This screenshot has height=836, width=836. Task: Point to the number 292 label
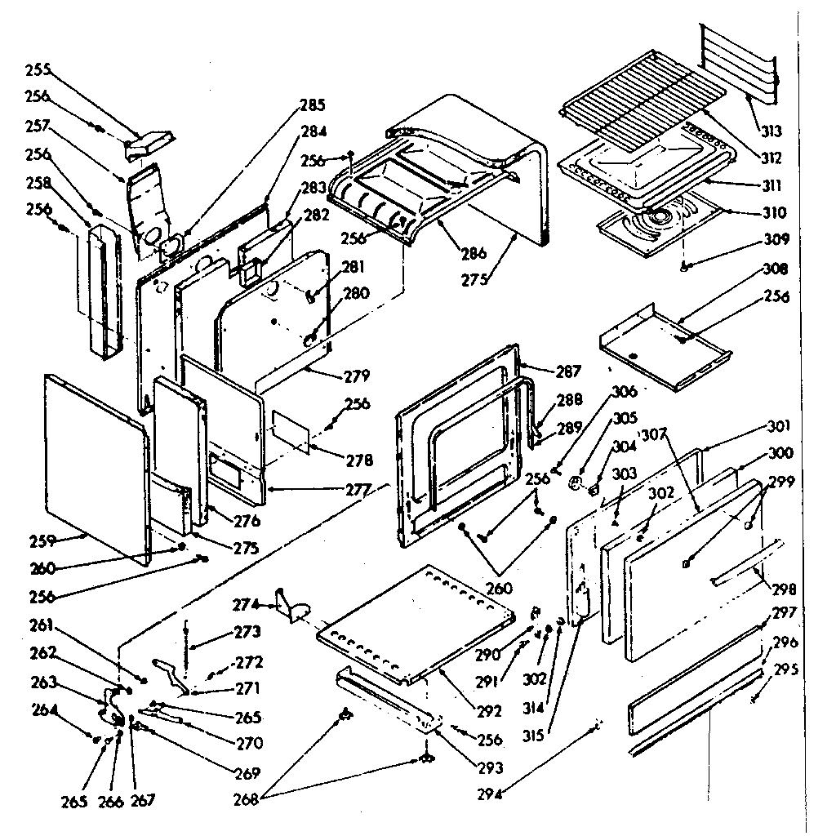[x=489, y=712]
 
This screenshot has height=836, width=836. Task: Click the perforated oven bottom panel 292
[x=416, y=620]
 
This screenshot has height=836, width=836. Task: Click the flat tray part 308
[x=661, y=343]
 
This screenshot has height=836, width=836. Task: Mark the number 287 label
[x=568, y=371]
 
